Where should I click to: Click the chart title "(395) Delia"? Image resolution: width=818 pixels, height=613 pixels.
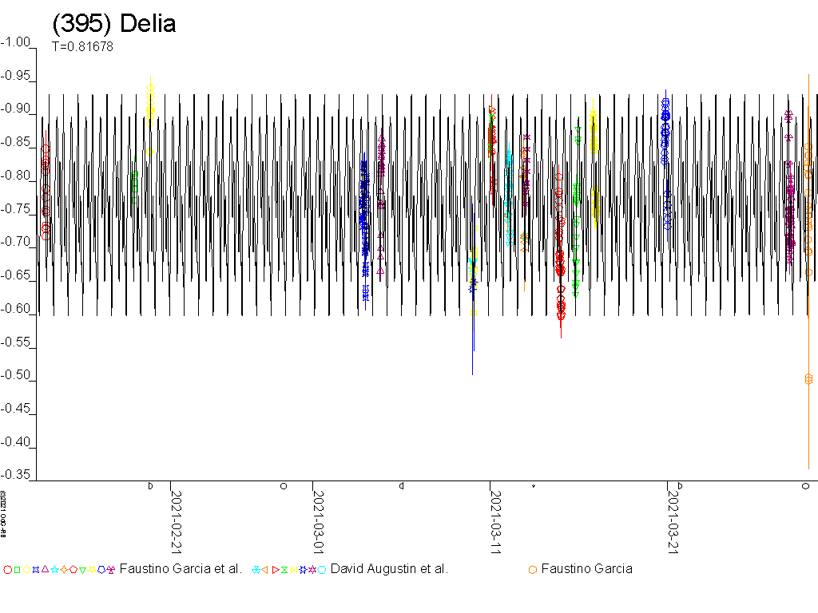pos(113,24)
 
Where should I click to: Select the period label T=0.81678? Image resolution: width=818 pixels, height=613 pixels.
pos(82,46)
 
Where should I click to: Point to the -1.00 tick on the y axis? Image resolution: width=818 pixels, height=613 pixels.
pos(18,42)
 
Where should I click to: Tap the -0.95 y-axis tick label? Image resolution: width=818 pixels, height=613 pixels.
pos(18,76)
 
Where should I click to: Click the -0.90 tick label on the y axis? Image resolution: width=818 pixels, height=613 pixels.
pos(18,109)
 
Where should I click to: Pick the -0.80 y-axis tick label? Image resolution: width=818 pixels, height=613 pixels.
pos(18,176)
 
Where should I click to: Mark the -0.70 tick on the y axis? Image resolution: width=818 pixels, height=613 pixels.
pos(18,243)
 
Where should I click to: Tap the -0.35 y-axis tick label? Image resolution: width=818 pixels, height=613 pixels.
pos(18,475)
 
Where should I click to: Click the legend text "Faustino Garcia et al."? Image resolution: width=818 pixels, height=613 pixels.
pos(181,569)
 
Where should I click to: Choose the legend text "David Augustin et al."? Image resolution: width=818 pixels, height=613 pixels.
pos(389,569)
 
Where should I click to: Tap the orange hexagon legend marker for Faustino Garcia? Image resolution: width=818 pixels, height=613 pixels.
pos(532,569)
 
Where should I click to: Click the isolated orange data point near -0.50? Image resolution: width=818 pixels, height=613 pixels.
pos(808,379)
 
